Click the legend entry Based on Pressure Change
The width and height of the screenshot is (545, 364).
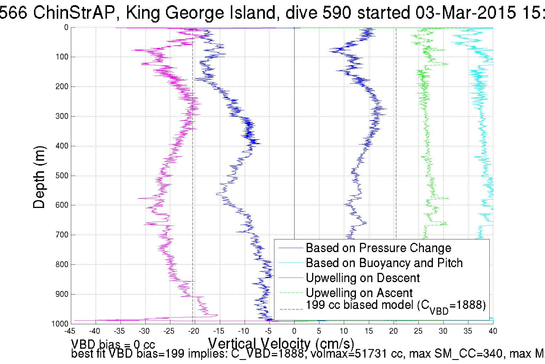[378, 248]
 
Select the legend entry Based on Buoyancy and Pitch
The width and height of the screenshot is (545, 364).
[384, 263]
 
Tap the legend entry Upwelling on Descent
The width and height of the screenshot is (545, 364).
[362, 278]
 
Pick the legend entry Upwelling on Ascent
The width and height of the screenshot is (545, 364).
[359, 293]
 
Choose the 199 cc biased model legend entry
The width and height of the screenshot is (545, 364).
[395, 306]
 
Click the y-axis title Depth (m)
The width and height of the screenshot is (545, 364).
[39, 177]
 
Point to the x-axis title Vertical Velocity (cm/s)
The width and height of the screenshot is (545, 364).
[281, 344]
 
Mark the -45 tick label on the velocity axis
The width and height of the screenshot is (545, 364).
[70, 331]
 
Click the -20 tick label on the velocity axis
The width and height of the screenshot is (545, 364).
[194, 331]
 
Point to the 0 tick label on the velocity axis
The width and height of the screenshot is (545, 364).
[294, 331]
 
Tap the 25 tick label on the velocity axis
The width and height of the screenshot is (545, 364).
[418, 331]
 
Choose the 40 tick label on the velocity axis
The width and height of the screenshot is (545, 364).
[493, 331]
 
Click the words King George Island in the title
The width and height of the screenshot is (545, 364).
[201, 13]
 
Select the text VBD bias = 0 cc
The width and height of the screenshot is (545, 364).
[113, 344]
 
